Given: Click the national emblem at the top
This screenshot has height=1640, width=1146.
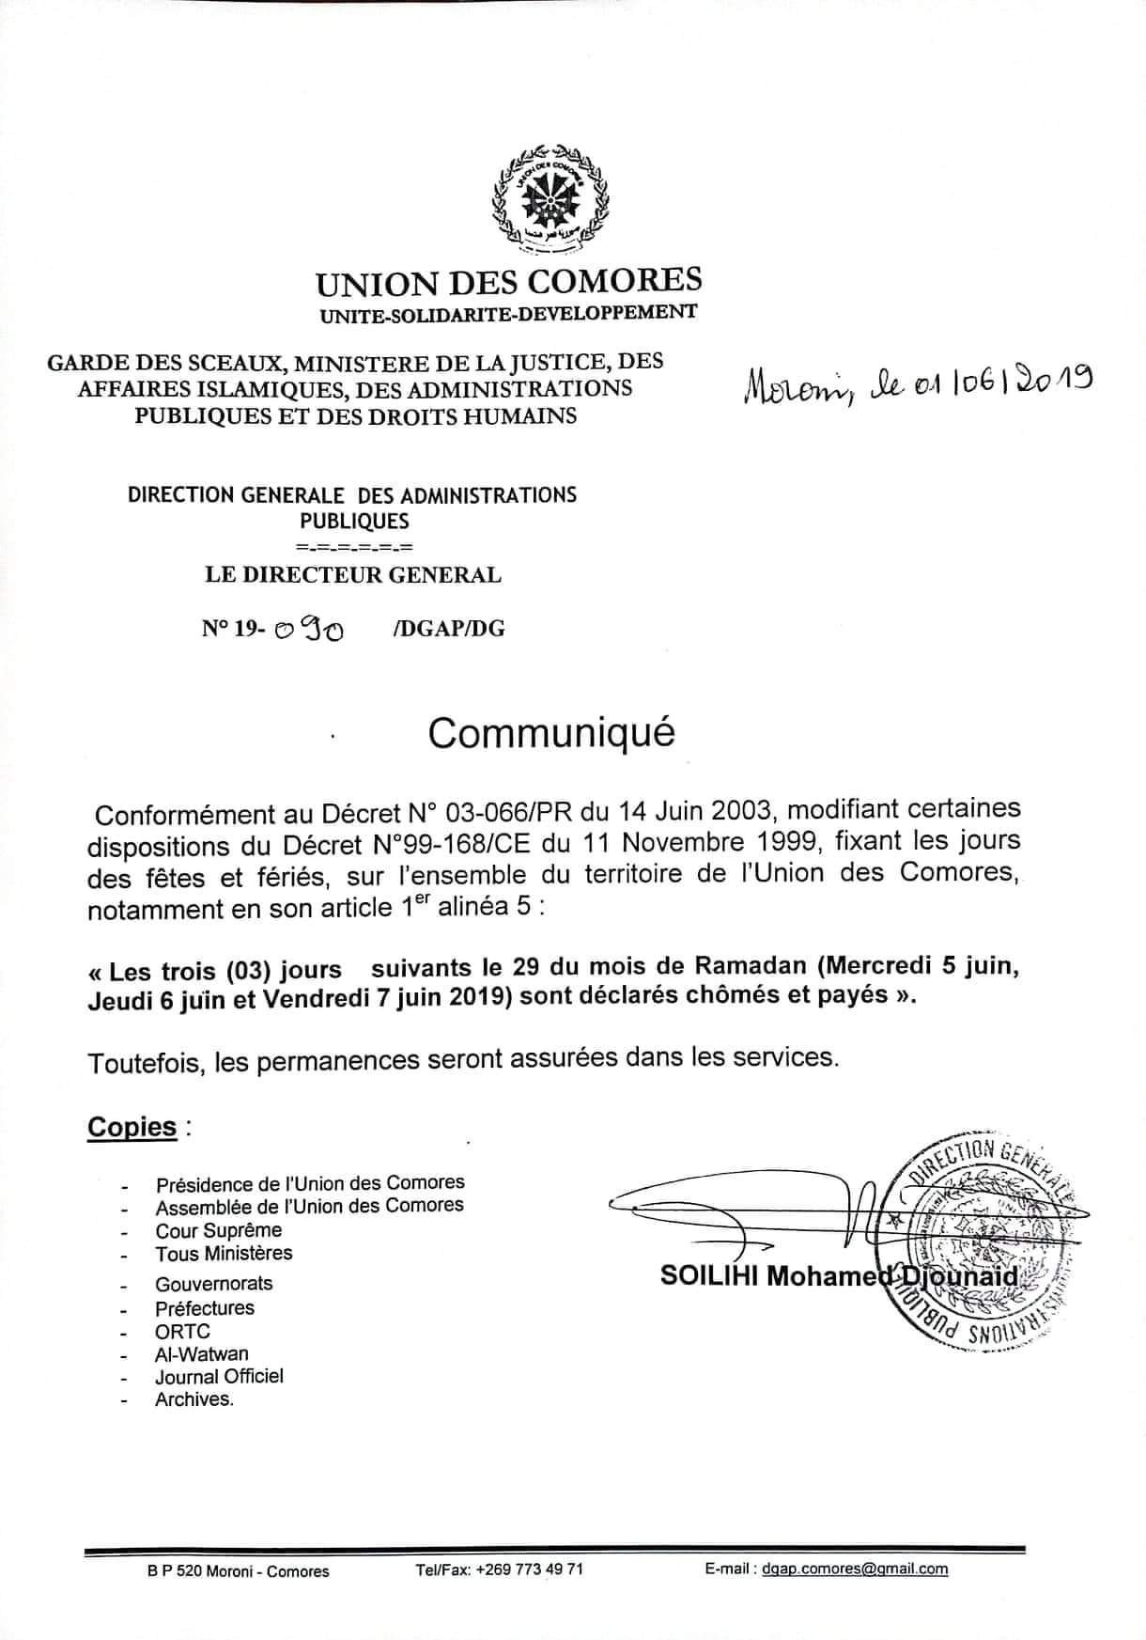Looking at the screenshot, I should (x=549, y=198).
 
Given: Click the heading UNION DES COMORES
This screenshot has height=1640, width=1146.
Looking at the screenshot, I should (x=508, y=281).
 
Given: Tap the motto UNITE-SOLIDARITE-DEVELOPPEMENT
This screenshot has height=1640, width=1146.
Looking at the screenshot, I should (x=508, y=312).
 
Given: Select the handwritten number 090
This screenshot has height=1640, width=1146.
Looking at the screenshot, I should (x=308, y=629).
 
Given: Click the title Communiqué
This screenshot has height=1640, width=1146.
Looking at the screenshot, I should (x=551, y=733).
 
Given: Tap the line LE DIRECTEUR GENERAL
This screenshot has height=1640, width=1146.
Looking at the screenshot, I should (x=353, y=574).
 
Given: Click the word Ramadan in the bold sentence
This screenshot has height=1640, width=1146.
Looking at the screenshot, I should (x=747, y=966).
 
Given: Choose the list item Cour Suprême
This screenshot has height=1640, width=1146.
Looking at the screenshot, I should (x=218, y=1230).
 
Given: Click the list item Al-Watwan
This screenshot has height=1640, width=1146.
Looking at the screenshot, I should (x=202, y=1354).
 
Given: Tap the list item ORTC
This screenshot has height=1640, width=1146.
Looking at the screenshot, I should (x=182, y=1331).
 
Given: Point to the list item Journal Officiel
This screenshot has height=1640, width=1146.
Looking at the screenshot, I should (x=219, y=1377).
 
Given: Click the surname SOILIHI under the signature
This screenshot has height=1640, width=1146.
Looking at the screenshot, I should (x=709, y=1275).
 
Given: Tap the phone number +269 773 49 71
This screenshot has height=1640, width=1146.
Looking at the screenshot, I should (x=530, y=1569).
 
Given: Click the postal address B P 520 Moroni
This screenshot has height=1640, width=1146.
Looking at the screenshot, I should (x=204, y=1570).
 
